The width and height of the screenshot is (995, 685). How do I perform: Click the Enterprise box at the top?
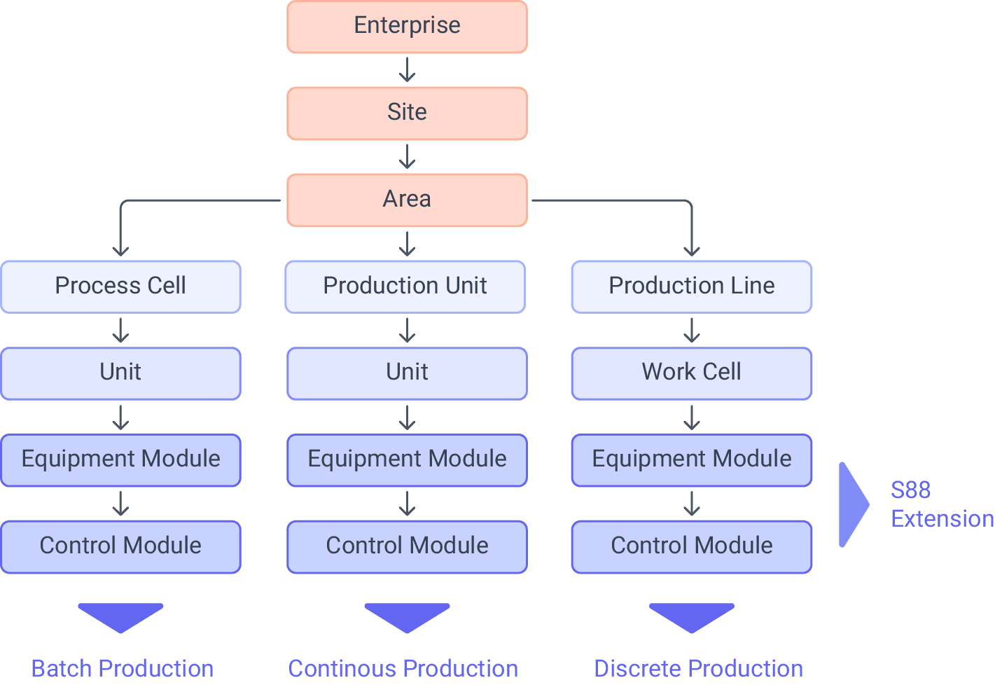407,27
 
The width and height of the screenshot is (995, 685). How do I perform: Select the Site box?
407,113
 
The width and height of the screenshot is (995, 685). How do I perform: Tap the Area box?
407,200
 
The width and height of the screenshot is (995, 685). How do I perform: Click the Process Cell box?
120,286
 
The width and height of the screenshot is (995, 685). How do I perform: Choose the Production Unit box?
405,286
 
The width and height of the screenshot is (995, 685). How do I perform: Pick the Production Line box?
691,286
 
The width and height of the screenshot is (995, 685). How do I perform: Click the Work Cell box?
691,373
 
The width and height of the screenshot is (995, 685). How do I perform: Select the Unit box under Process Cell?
120,373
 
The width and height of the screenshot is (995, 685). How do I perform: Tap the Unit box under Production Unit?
407,373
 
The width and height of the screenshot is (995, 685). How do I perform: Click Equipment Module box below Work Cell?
691,459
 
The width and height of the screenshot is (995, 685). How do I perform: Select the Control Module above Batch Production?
120,546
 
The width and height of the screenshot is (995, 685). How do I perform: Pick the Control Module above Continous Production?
407,546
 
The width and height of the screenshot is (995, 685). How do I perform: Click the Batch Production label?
122,668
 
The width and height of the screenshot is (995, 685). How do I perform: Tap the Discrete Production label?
698,668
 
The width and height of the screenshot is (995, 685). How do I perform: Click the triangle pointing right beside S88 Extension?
851,504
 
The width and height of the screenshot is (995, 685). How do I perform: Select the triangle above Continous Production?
407,617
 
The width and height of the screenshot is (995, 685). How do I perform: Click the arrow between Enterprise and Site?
407,71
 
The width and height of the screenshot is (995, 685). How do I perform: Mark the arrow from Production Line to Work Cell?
691,331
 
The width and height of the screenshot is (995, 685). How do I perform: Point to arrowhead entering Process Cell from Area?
120,251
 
